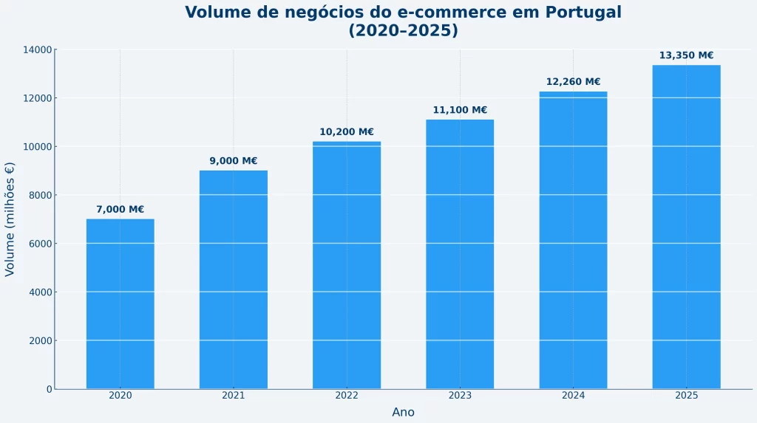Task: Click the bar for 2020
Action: click(x=120, y=303)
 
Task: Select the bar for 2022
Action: click(x=347, y=265)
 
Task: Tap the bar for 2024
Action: click(x=573, y=240)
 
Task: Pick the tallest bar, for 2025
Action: click(x=686, y=227)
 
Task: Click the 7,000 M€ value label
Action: click(x=120, y=210)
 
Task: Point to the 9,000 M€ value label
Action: click(x=234, y=161)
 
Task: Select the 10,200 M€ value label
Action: click(x=347, y=132)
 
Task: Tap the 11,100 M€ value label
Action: click(x=460, y=110)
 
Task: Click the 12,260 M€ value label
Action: click(x=573, y=82)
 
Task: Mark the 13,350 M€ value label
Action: click(x=686, y=55)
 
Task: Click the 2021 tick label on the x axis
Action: click(x=234, y=396)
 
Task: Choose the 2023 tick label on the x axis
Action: click(x=460, y=396)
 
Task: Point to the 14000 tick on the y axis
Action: click(x=36, y=50)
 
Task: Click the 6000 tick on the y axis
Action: click(x=39, y=244)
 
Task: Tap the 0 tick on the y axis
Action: click(x=49, y=389)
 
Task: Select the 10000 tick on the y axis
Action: click(x=36, y=147)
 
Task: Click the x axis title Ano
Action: click(x=403, y=412)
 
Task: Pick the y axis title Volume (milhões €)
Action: click(x=10, y=219)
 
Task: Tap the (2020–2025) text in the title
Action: click(x=403, y=31)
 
